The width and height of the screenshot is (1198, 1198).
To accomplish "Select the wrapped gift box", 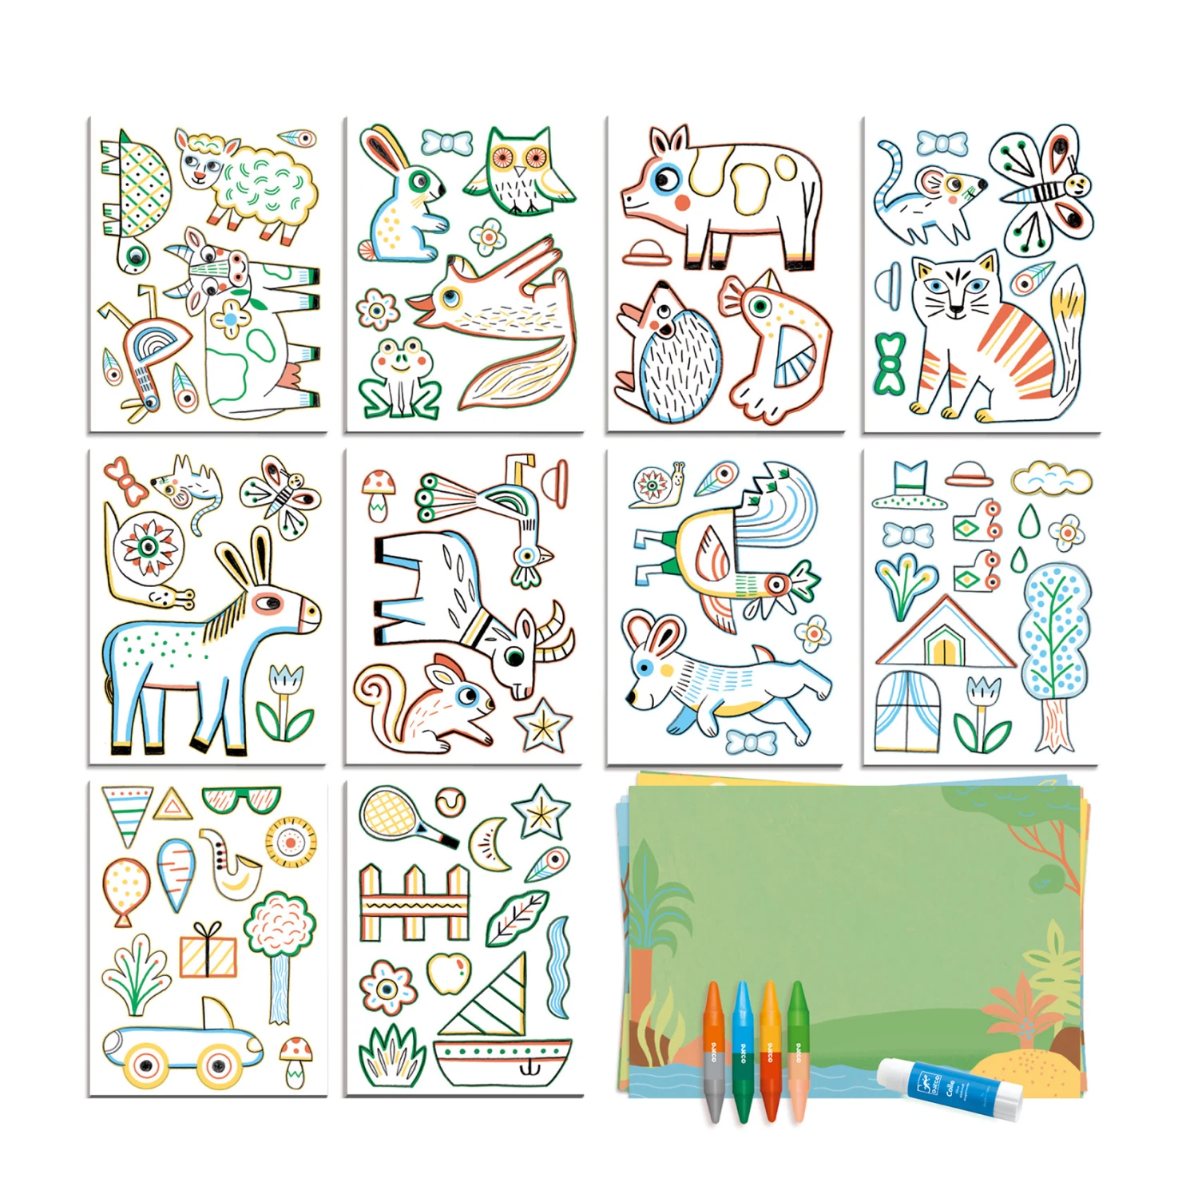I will coord(208,952).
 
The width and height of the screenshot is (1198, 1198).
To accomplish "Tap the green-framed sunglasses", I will coord(241,799).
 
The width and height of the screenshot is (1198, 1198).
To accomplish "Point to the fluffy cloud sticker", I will coord(1051,479).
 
